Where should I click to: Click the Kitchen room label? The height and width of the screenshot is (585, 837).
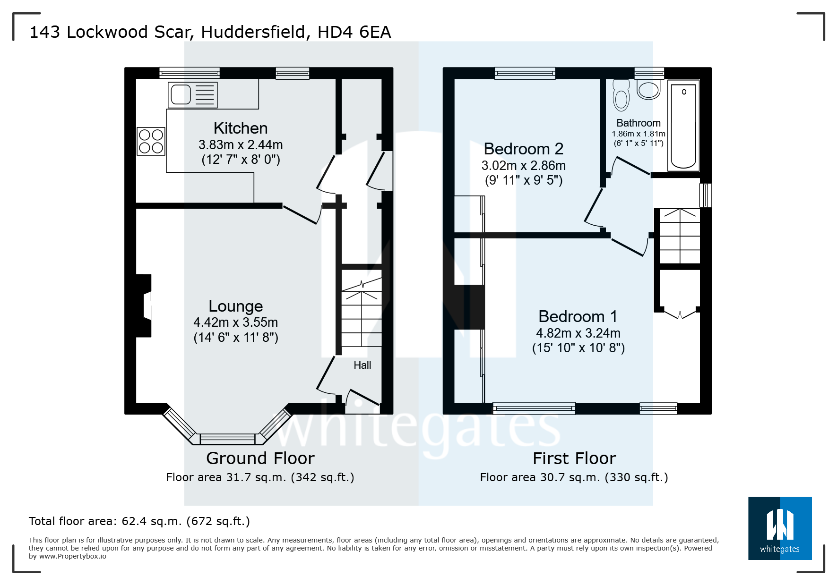coord(240,128)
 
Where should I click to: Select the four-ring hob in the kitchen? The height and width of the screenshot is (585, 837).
coord(151,141)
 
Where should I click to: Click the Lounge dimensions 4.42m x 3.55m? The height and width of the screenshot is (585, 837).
coord(235,322)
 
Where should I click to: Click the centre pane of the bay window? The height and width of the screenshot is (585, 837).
coord(227,439)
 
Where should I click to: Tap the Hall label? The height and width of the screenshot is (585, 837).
coord(362,365)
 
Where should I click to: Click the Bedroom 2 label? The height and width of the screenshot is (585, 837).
coord(523,149)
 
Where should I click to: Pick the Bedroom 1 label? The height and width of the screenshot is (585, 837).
coord(578,316)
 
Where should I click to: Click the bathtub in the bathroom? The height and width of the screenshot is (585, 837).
coord(683,126)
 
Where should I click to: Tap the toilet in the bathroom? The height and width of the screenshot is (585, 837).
coord(621,95)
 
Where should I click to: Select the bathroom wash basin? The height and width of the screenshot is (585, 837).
coord(648,89)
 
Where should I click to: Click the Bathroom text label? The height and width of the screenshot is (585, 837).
coord(638,123)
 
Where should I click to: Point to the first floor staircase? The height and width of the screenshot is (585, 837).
coord(680,236)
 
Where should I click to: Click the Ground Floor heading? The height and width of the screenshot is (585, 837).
coord(260,458)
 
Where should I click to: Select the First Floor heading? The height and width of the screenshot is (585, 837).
coord(574,458)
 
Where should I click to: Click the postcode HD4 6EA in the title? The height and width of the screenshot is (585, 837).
coord(354,32)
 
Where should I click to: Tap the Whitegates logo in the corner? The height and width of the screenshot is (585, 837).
coord(779,528)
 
